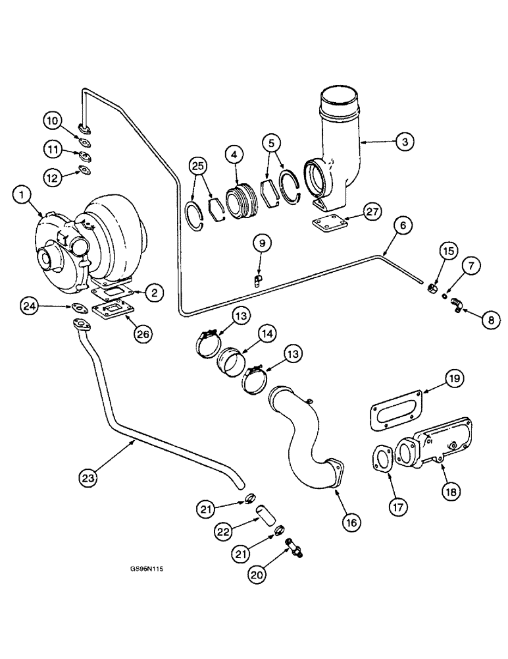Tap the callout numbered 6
click(404, 225)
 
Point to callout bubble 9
click(261, 244)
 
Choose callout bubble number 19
click(453, 379)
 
